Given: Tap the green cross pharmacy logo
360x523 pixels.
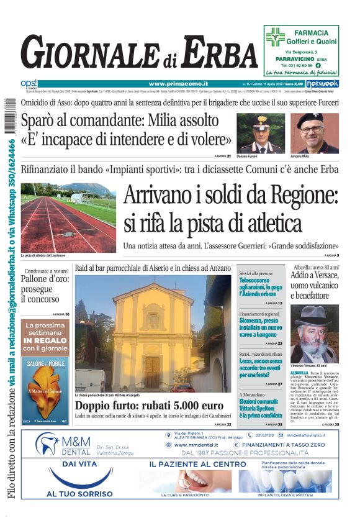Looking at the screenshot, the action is tap(275, 38).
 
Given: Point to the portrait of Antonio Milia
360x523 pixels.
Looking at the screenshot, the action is tap(315, 133).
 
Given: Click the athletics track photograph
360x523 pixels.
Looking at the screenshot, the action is tap(68, 217).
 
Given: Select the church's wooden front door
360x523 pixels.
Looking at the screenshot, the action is tap(152, 372).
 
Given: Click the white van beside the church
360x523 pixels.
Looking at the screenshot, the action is tap(91, 380).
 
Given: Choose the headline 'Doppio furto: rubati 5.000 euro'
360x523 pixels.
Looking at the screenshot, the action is tap(145, 406).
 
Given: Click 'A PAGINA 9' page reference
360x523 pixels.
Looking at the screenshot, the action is tap(331, 255).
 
